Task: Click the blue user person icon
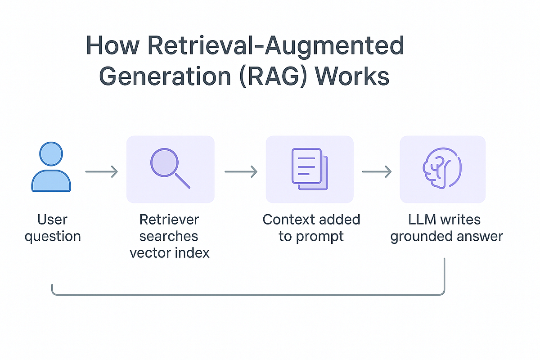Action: click(51, 167)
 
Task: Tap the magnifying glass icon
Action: click(170, 168)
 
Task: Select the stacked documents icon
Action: click(310, 169)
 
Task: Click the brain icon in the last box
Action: click(441, 168)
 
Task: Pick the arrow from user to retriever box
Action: click(101, 171)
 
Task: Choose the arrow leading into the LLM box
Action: click(377, 171)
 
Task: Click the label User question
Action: click(53, 228)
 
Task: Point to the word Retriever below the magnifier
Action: click(169, 220)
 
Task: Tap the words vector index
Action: click(170, 252)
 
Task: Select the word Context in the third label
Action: click(287, 220)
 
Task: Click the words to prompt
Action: click(311, 236)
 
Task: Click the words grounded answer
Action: click(446, 236)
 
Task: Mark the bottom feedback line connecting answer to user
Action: click(247, 295)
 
